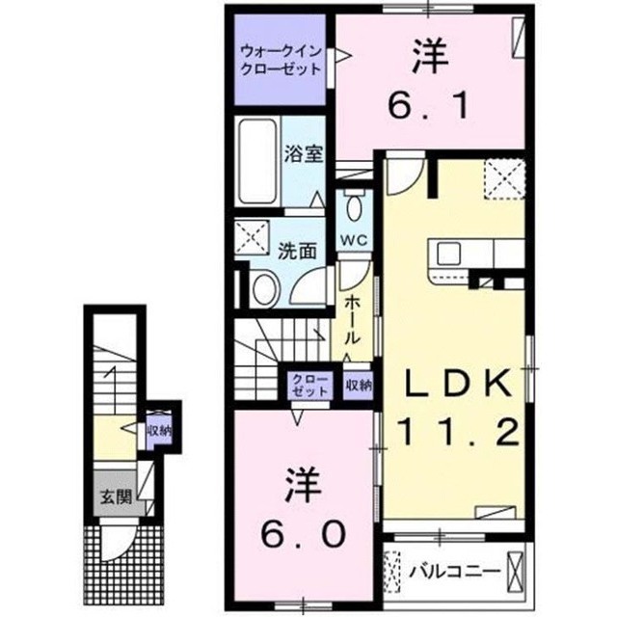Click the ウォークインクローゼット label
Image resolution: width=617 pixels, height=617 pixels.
(282, 60)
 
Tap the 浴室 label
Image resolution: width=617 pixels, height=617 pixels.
(304, 153)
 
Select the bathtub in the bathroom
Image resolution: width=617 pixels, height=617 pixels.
(257, 161)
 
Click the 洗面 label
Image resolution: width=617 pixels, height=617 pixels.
(298, 251)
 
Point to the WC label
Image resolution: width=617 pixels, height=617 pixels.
(354, 239)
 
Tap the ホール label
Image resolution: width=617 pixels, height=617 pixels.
(352, 321)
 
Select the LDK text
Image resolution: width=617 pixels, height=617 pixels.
(459, 384)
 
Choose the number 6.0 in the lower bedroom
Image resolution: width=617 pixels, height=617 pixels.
(303, 535)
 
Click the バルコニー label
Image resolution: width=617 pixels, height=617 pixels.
(455, 571)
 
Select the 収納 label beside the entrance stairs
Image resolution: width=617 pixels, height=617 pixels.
(159, 431)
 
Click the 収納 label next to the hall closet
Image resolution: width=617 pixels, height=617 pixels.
(359, 386)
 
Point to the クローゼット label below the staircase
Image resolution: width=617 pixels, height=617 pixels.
(310, 386)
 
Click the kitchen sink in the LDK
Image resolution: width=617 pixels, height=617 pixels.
(448, 254)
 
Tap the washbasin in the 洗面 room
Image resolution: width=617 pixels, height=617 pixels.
(264, 288)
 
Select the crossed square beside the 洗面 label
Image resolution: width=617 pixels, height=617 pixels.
(252, 238)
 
